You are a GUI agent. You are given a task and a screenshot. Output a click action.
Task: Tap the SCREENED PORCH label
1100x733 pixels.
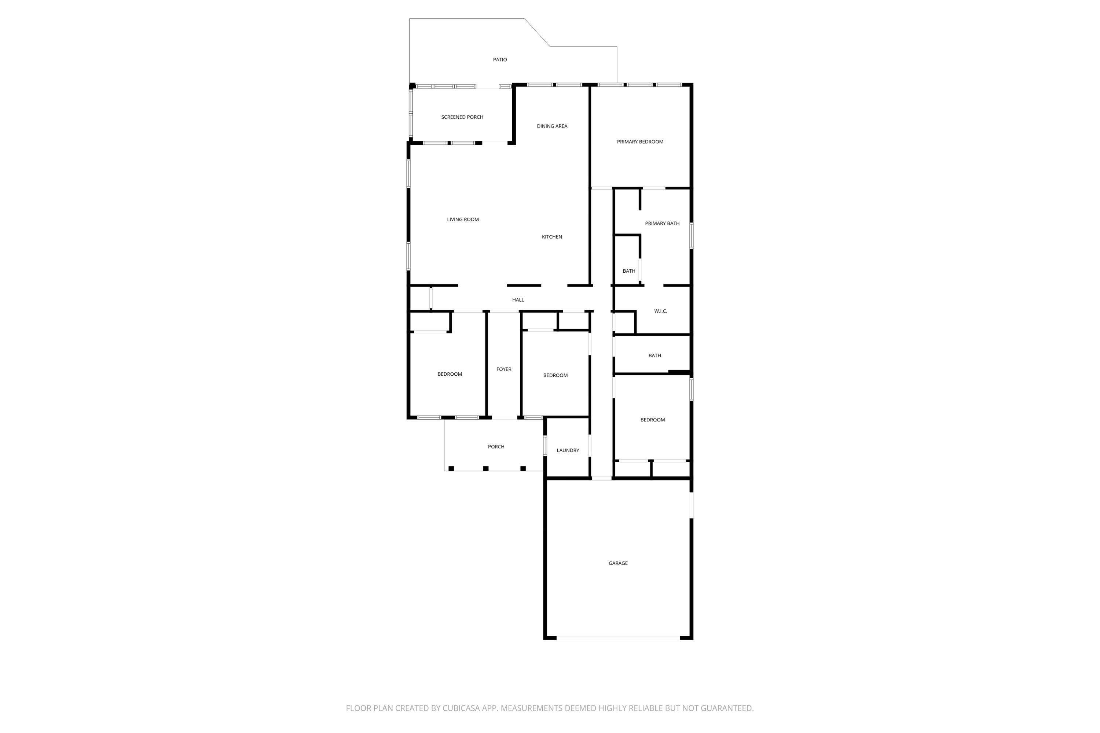pos(462,117)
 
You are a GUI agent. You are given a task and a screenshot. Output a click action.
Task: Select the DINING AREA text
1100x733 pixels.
pos(552,126)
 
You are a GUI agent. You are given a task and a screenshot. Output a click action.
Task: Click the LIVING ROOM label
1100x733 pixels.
pos(462,220)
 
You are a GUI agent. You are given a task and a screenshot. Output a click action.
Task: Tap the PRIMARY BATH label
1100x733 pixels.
pos(662,224)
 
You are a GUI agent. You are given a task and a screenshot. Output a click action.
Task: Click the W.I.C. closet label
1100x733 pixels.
pos(660,311)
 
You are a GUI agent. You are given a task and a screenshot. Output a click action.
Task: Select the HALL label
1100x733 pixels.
pos(518,300)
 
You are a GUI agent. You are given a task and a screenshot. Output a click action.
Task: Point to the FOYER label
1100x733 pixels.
pos(504,369)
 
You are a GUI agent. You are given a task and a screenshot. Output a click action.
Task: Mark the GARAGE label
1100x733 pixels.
pos(618,563)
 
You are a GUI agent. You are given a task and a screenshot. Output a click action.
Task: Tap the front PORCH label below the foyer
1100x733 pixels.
pos(496,447)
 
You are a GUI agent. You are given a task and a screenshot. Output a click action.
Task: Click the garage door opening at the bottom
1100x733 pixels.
pos(618,638)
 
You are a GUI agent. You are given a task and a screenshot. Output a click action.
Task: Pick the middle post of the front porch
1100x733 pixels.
pos(485,468)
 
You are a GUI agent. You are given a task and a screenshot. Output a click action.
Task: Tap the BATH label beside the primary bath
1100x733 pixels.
pos(628,271)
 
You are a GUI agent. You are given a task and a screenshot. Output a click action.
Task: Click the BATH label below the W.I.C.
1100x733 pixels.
pos(654,356)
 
